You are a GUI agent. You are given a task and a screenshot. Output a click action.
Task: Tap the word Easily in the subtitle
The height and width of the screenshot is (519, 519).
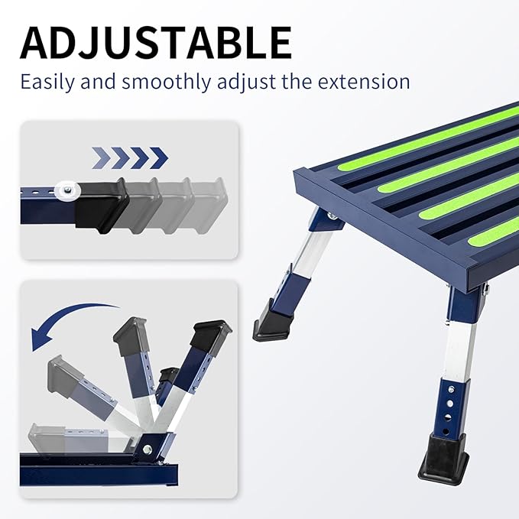point(47,81)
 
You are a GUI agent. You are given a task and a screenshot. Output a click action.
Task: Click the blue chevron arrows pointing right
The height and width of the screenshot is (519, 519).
point(129,158)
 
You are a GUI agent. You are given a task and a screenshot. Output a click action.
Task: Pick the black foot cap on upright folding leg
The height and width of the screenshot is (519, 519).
point(211,333)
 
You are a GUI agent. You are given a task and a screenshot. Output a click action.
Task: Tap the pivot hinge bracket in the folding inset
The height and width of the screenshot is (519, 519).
point(153,446)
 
